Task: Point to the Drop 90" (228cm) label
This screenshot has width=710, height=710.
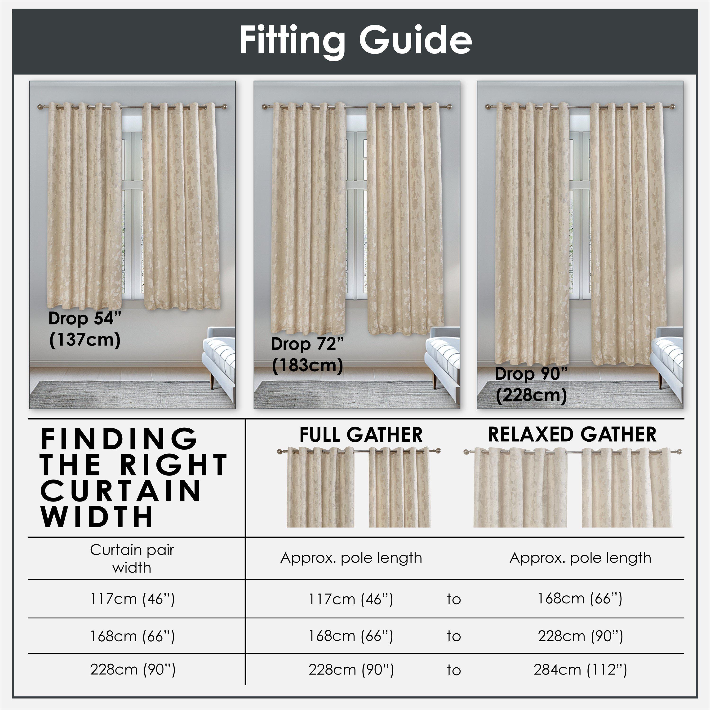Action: coord(531,384)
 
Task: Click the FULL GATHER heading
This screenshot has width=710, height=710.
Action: coord(361,435)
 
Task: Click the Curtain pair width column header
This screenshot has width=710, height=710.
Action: coord(132,559)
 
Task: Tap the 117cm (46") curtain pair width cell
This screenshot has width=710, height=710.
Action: coord(132,599)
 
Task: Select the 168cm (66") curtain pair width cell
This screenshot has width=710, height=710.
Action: coord(132,636)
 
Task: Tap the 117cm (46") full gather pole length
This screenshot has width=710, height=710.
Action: coord(351,599)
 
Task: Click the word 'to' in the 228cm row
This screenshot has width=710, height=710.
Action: coord(454,670)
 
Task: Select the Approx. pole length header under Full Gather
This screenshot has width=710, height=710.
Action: coord(351,558)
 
